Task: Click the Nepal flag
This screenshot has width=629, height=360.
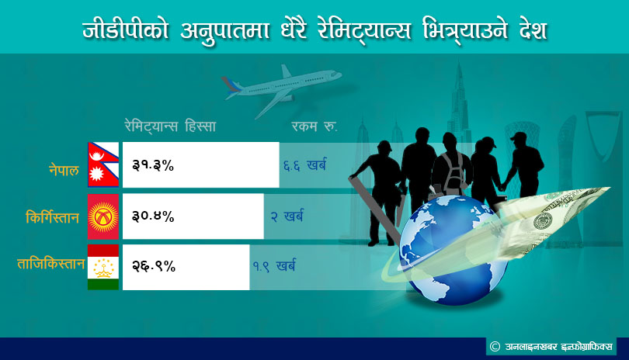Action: click(103, 164)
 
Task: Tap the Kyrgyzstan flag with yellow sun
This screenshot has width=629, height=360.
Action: click(103, 216)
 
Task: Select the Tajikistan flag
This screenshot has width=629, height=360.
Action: click(103, 267)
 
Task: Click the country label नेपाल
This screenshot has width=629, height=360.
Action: click(64, 170)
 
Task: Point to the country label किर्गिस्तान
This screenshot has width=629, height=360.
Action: click(52, 217)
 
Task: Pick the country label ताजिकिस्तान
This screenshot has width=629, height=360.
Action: click(51, 263)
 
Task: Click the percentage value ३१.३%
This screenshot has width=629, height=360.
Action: click(153, 165)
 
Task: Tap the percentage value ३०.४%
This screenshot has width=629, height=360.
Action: click(153, 216)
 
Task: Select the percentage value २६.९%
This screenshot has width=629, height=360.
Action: click(154, 266)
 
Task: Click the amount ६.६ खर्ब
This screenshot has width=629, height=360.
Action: click(305, 165)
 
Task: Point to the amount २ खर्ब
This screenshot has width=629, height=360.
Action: click(287, 216)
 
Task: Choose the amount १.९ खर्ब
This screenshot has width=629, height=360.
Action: click(274, 266)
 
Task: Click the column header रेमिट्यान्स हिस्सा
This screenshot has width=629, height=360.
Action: click(171, 126)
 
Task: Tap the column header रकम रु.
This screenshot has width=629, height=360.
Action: click(314, 126)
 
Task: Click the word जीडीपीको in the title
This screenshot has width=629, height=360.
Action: click(125, 30)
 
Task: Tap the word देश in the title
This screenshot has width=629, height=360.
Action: click(533, 30)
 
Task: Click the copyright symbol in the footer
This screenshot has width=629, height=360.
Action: click(495, 346)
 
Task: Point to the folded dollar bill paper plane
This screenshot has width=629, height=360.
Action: click(554, 220)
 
